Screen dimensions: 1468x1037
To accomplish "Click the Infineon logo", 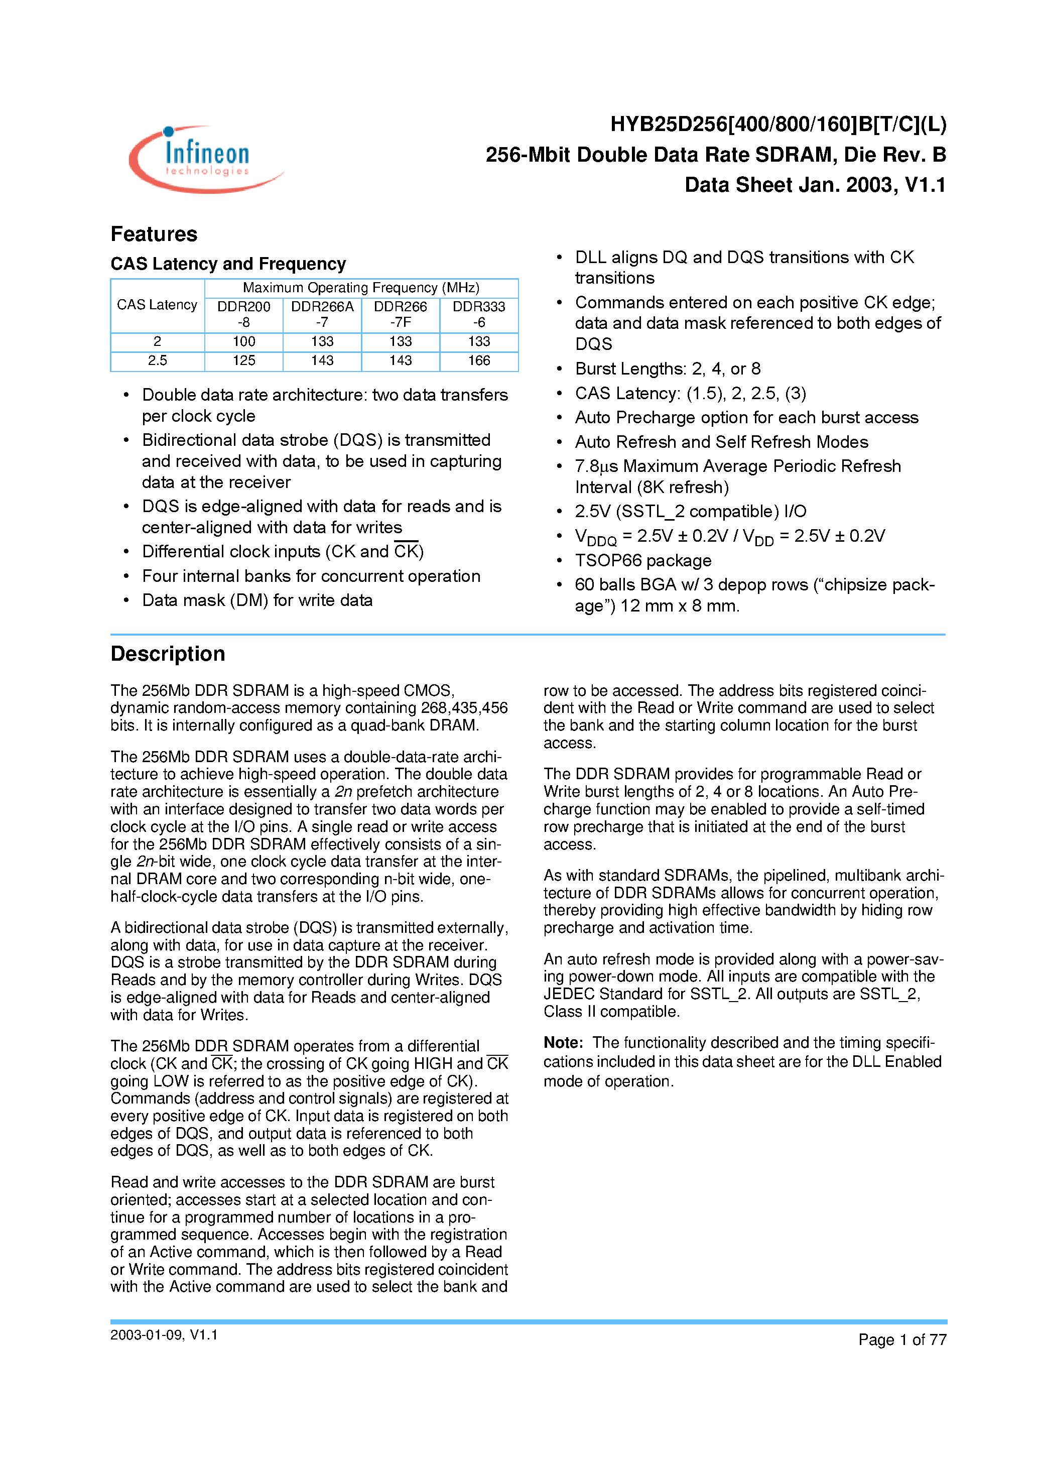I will tap(206, 159).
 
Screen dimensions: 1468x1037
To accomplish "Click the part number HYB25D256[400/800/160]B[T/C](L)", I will tap(777, 124).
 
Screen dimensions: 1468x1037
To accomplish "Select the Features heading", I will tap(154, 234).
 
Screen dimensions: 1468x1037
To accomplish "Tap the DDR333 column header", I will tap(478, 314).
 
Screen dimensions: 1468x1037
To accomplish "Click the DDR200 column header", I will tap(243, 314).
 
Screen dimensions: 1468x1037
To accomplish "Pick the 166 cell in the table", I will tap(478, 360).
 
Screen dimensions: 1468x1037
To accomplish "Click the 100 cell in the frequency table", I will tap(243, 341).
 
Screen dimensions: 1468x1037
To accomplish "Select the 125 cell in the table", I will tap(243, 360).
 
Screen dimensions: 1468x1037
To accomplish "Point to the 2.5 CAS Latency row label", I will tap(157, 360).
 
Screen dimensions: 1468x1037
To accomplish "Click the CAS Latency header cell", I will tap(157, 305).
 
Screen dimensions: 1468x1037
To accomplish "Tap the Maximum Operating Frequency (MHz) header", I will tap(361, 288).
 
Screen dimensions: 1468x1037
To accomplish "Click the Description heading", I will tap(168, 654).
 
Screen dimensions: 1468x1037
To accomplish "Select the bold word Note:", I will tap(563, 1043).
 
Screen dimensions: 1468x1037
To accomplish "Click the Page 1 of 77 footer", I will tap(901, 1339).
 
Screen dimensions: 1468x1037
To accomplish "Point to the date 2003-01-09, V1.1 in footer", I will tap(164, 1335).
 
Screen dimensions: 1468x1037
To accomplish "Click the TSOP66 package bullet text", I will tap(642, 561).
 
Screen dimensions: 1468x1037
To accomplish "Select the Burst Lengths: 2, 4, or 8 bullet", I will tap(668, 369).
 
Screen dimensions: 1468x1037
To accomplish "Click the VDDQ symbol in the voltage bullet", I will tap(595, 537).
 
